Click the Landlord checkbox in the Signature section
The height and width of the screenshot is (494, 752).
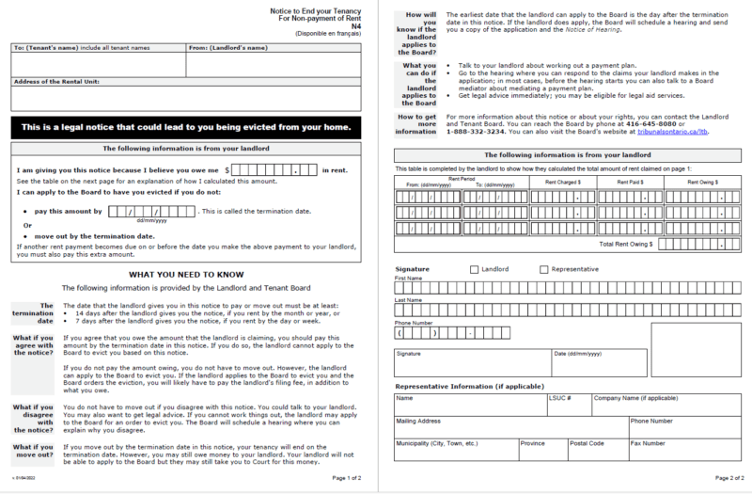pyautogui.click(x=473, y=270)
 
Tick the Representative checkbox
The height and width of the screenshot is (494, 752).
pyautogui.click(x=544, y=270)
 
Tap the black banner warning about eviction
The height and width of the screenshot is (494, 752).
pyautogui.click(x=185, y=127)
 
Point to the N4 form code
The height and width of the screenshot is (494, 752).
pyautogui.click(x=354, y=26)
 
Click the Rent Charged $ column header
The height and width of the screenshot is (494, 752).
pyautogui.click(x=562, y=183)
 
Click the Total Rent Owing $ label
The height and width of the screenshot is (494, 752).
pyautogui.click(x=626, y=244)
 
